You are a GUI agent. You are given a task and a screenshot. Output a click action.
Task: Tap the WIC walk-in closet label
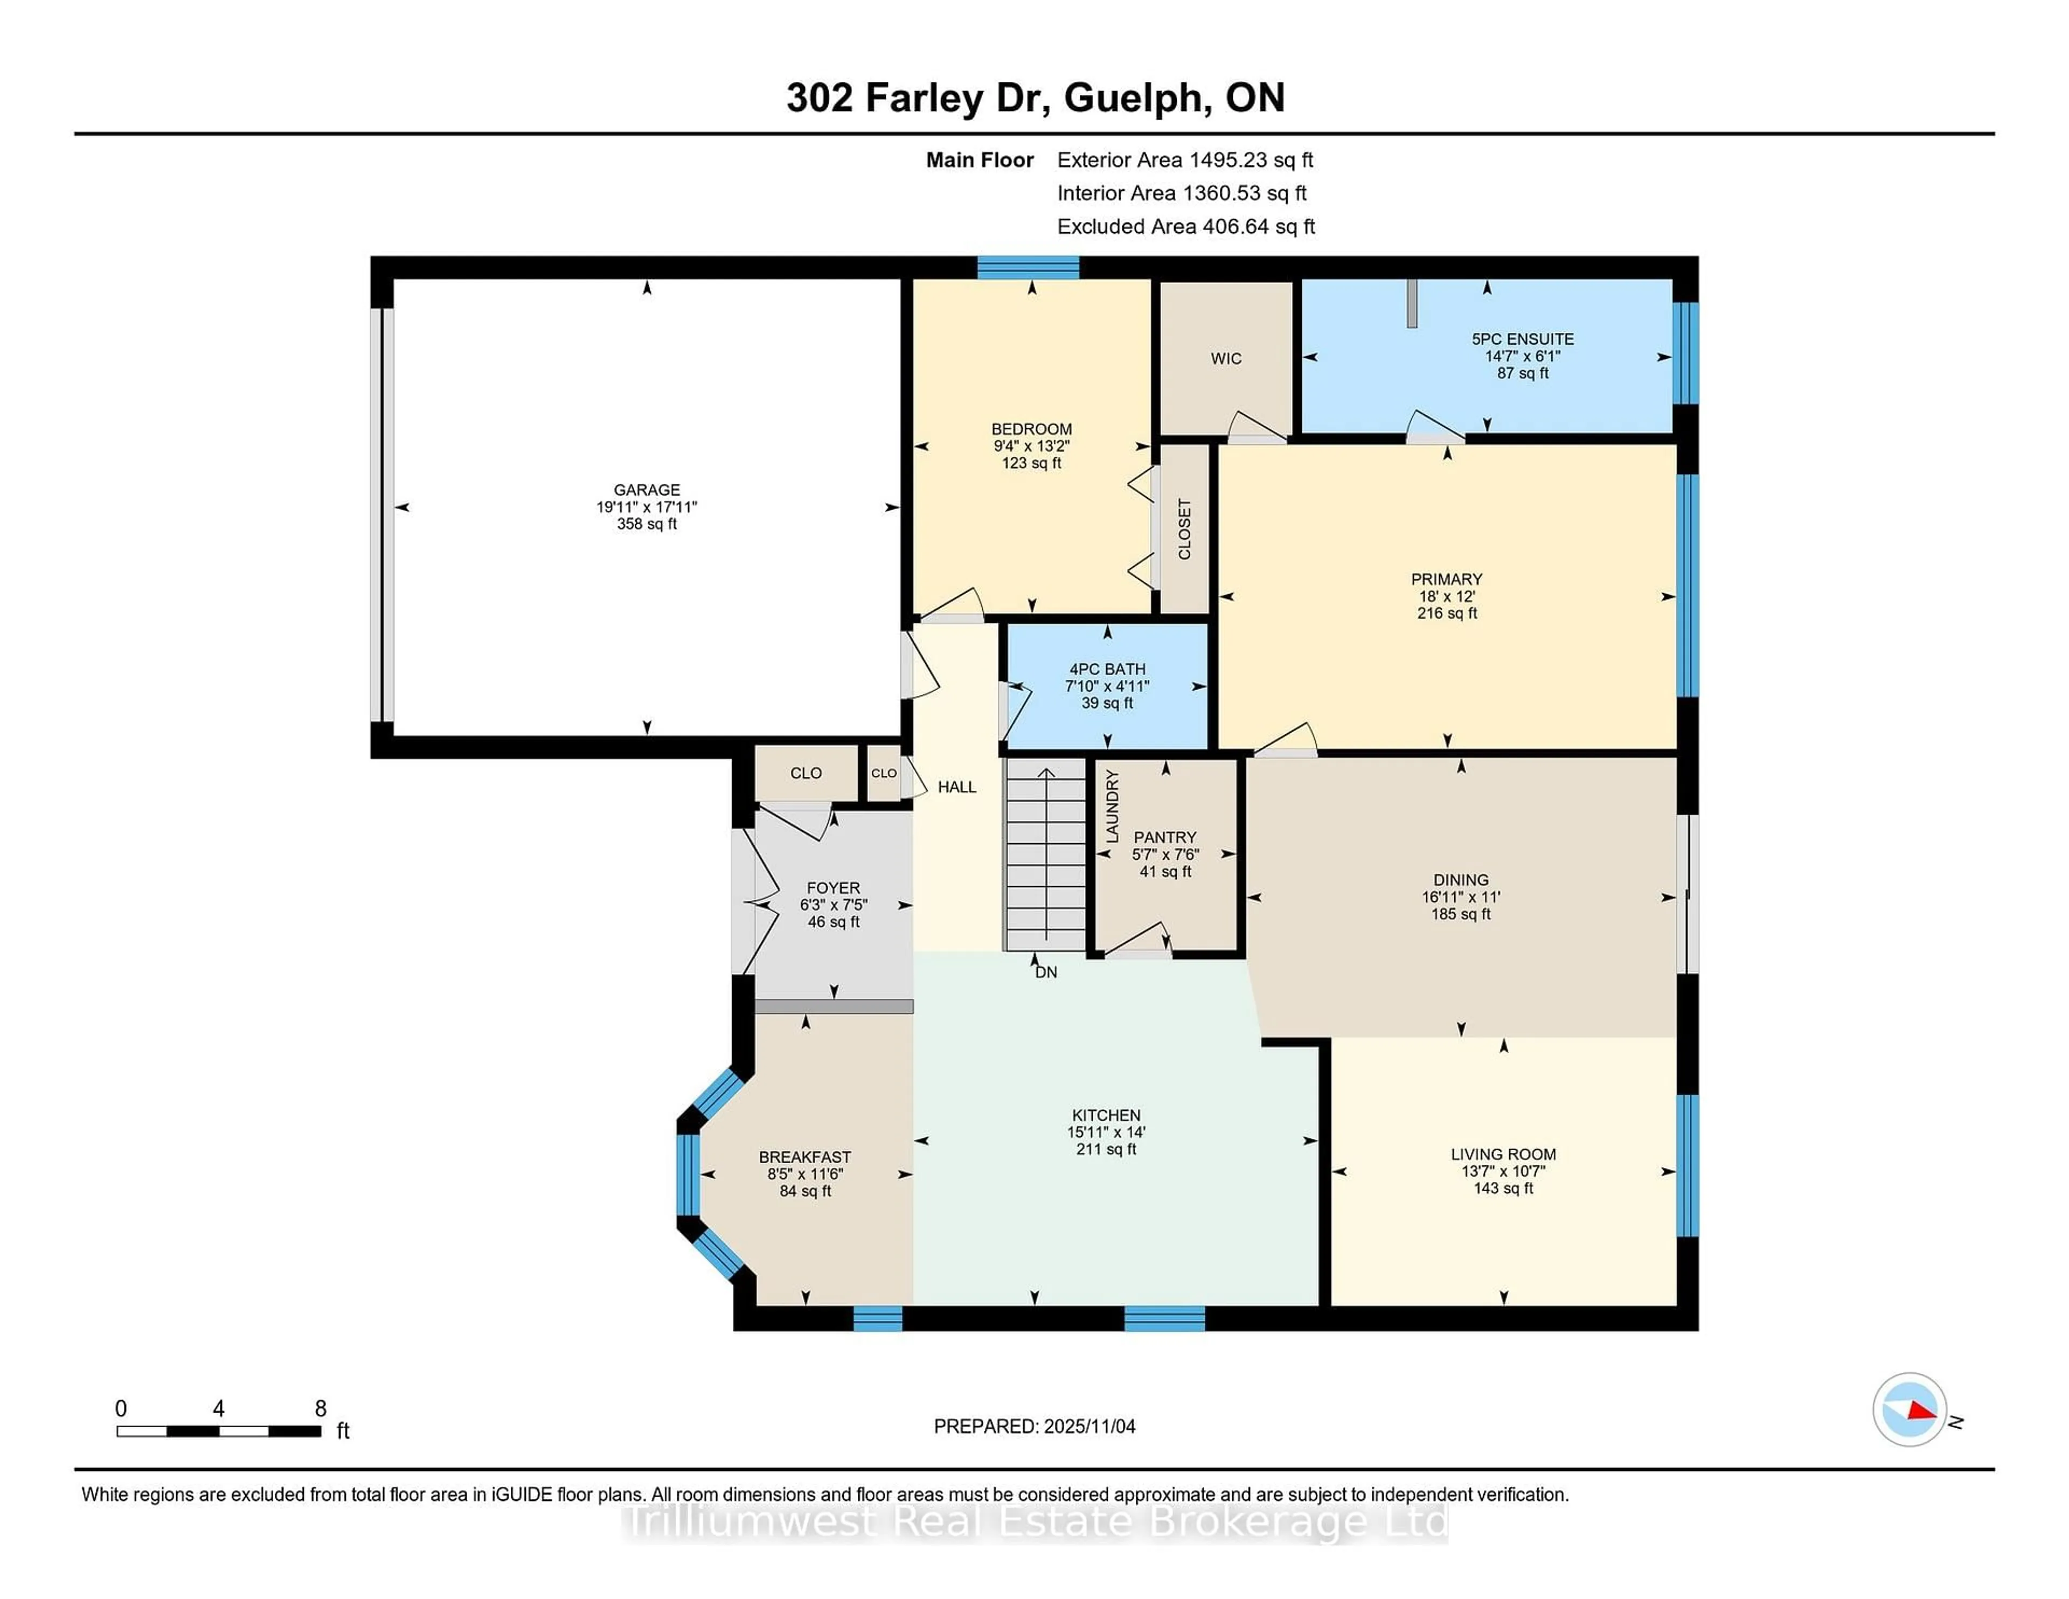tap(1226, 358)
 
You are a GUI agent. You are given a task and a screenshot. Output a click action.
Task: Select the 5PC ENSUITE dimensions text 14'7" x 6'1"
tap(1522, 356)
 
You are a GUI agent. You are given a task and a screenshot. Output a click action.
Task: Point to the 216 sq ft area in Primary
tap(1447, 613)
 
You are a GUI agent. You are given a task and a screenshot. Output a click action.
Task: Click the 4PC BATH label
tap(1107, 669)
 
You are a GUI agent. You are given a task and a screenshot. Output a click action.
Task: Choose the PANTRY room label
tap(1165, 837)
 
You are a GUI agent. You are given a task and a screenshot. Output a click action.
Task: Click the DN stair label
tap(1046, 972)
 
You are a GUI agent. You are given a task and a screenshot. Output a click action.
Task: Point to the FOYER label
tap(834, 888)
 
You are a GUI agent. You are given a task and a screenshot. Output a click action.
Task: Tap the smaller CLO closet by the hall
tap(884, 773)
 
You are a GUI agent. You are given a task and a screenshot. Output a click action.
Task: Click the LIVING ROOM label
tap(1503, 1154)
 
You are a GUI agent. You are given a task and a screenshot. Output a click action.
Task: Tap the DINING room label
tap(1461, 880)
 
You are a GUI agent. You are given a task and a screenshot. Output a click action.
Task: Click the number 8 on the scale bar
tap(320, 1409)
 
